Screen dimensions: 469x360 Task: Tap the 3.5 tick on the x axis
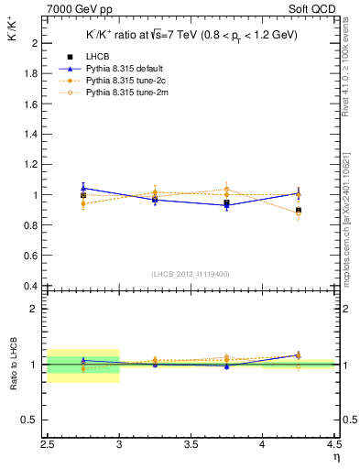[x=191, y=444]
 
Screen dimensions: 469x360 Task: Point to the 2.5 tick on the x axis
[x=48, y=444]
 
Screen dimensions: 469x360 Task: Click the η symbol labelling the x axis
[x=336, y=456]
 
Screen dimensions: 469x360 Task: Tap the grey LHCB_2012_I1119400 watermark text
[x=191, y=274]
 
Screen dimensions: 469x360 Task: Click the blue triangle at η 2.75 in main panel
[x=83, y=188]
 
